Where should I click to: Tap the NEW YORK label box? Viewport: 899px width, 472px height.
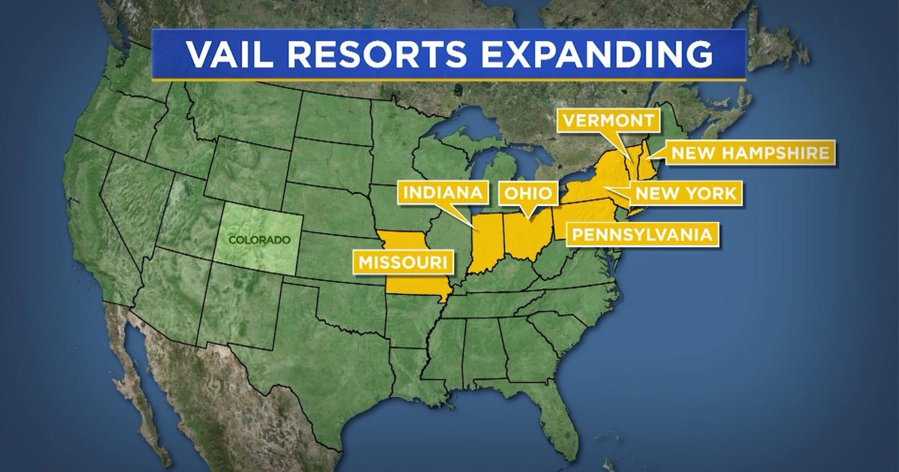685,193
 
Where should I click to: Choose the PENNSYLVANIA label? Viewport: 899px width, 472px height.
641,234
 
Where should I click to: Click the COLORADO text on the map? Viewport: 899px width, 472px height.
258,240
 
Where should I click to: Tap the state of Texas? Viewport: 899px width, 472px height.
315,352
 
